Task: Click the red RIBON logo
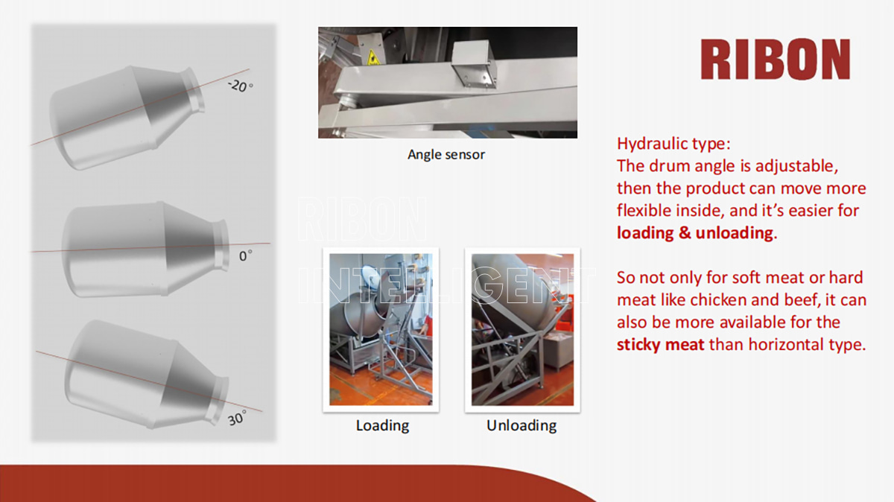coord(776,59)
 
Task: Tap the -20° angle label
coord(240,86)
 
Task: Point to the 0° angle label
coord(245,255)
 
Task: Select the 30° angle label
coord(237,418)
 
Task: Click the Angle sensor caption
coord(446,155)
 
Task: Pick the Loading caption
coord(382,426)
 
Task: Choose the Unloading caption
coord(521,425)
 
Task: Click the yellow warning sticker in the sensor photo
coord(373,57)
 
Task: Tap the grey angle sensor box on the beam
coord(474,63)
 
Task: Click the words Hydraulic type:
coord(673,144)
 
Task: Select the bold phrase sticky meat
coord(661,345)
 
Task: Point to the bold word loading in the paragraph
coord(645,233)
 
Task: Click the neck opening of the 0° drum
coord(221,244)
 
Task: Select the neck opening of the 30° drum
coord(220,400)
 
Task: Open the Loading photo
coord(381,330)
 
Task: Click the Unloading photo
coord(522,330)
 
